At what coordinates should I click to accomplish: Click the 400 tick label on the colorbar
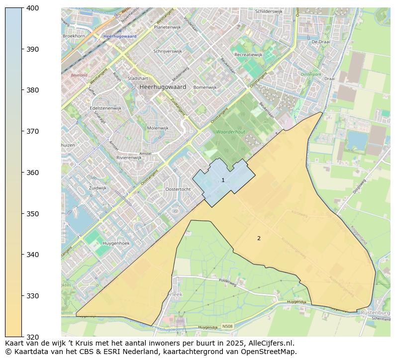click(33, 8)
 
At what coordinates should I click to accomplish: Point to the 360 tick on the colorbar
click(33, 173)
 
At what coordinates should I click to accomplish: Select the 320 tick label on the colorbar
click(33, 337)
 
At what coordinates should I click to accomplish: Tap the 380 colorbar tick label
click(33, 90)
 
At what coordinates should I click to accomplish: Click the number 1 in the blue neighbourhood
click(223, 180)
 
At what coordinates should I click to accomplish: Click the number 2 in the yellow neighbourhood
click(259, 238)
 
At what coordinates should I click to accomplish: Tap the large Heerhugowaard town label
click(163, 87)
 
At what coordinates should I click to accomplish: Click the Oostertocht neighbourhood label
click(178, 189)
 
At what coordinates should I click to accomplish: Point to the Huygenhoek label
click(115, 243)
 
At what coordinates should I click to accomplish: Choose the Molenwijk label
click(158, 128)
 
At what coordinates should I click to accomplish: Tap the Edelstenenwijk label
click(105, 108)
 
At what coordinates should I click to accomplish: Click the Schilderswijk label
click(269, 11)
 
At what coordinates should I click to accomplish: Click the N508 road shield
click(227, 327)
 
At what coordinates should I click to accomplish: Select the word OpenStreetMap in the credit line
click(269, 352)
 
